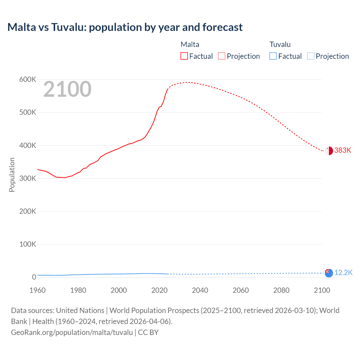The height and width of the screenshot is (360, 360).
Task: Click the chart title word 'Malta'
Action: pyautogui.click(x=22, y=27)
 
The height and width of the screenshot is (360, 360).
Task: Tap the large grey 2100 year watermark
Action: pyautogui.click(x=67, y=89)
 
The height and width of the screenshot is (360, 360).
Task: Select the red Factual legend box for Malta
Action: pyautogui.click(x=184, y=56)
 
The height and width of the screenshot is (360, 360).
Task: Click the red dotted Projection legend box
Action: pyautogui.click(x=222, y=56)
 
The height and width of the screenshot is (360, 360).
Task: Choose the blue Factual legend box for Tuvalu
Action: pyautogui.click(x=273, y=56)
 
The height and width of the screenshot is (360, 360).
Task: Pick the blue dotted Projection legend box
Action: pyautogui.click(x=311, y=56)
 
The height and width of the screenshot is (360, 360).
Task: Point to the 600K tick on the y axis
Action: pyautogui.click(x=28, y=80)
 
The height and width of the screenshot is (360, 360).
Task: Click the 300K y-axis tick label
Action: pyautogui.click(x=28, y=178)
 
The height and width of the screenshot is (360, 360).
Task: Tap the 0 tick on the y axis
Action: pyautogui.click(x=34, y=277)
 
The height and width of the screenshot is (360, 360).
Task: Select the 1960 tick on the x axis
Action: pyautogui.click(x=37, y=290)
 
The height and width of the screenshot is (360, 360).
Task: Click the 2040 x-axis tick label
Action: pyautogui.click(x=200, y=290)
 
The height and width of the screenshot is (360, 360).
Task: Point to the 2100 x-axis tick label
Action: pyautogui.click(x=322, y=290)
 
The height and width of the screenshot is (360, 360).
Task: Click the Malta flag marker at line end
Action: pyautogui.click(x=329, y=151)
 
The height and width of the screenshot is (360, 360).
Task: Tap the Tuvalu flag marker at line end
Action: pyautogui.click(x=329, y=273)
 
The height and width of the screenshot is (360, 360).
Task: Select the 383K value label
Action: pyautogui.click(x=343, y=150)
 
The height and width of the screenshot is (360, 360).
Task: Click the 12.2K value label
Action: pyautogui.click(x=343, y=273)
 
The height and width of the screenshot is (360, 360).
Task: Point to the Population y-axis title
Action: pyautogui.click(x=12, y=175)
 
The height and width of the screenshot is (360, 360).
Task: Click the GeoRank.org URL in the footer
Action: pyautogui.click(x=72, y=332)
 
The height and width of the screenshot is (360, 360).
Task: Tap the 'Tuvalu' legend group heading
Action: pyautogui.click(x=280, y=44)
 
